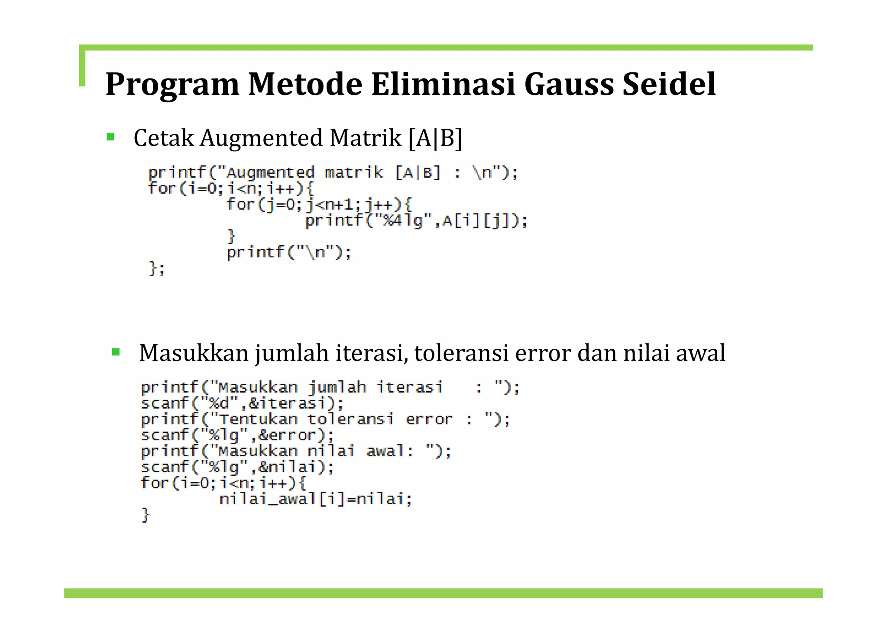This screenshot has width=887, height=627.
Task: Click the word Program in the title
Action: [x=172, y=84]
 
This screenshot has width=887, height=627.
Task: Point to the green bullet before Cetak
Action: [x=110, y=137]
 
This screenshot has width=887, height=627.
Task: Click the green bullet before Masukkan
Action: [x=116, y=352]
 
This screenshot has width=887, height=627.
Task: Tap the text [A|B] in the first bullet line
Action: [x=435, y=138]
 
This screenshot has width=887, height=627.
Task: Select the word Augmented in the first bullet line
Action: [x=261, y=138]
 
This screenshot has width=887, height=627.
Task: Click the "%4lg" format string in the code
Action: [x=403, y=221]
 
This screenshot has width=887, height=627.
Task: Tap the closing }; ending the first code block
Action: [x=156, y=269]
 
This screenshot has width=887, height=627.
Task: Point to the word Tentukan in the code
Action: [x=259, y=419]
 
